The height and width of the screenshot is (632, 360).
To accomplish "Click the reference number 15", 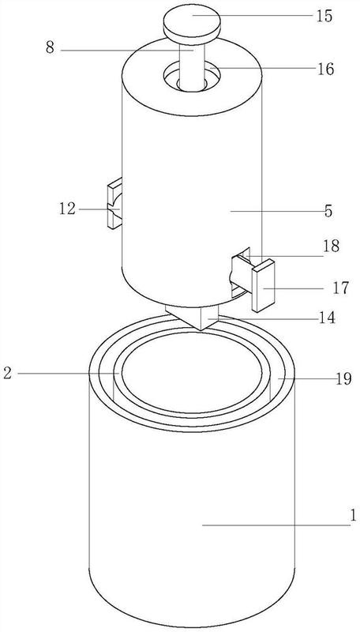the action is point(324,16).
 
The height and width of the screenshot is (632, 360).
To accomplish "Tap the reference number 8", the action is point(50,48).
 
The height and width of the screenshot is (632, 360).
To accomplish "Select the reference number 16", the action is point(324,69).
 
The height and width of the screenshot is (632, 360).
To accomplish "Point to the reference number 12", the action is point(67,209).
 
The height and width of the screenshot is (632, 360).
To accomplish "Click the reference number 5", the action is point(328,211).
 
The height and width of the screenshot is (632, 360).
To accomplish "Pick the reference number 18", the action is point(332,246).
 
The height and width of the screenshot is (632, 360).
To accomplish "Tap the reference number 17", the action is point(341,288).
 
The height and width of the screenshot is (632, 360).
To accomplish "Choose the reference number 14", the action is point(326,318).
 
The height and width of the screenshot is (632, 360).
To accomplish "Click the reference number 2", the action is point(7,373).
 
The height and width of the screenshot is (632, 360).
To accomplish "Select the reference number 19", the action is point(343,379).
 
